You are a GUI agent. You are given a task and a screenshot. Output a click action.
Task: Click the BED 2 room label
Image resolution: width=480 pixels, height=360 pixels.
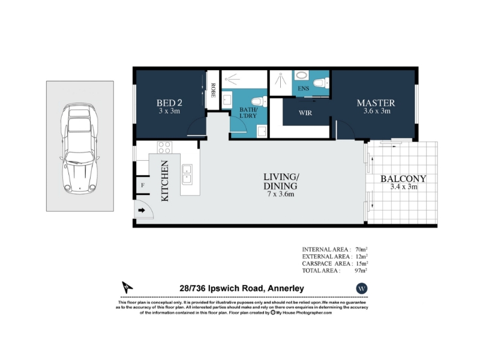pyautogui.click(x=170, y=103)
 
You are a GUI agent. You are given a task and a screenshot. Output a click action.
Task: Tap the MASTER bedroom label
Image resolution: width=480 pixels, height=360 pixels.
pyautogui.click(x=376, y=103)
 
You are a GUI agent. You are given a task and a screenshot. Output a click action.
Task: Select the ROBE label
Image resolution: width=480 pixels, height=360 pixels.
pyautogui.click(x=213, y=91)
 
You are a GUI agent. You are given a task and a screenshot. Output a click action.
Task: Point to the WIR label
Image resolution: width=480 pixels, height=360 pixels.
pyautogui.click(x=305, y=113)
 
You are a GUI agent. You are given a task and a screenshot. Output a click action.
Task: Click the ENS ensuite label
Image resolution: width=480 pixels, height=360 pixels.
pyautogui.click(x=304, y=88)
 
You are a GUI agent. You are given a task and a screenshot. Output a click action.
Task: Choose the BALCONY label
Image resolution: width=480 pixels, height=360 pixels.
pyautogui.click(x=403, y=178)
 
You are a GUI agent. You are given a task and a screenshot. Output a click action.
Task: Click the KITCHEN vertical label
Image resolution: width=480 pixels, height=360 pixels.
pyautogui.click(x=164, y=181)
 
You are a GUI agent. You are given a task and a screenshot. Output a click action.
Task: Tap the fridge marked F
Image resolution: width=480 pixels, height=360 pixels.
pyautogui.click(x=143, y=185)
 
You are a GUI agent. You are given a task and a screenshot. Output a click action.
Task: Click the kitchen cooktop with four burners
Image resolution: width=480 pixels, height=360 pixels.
pyautogui.click(x=164, y=147)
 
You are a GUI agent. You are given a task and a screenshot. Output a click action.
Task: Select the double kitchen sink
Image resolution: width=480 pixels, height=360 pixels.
pyautogui.click(x=187, y=174)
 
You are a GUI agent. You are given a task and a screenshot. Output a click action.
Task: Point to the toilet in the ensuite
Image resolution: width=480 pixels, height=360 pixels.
pyautogui.click(x=321, y=83)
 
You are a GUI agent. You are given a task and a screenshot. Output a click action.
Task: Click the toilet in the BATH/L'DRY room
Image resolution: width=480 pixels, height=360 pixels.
pyautogui.click(x=259, y=101)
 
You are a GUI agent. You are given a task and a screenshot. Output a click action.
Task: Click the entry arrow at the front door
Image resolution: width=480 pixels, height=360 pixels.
pyautogui.click(x=142, y=211)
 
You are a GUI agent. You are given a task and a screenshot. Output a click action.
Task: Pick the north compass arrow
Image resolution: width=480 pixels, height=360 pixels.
pyautogui.click(x=127, y=287)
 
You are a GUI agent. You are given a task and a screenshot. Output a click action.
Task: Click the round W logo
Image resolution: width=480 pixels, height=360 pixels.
pyautogui.click(x=362, y=289)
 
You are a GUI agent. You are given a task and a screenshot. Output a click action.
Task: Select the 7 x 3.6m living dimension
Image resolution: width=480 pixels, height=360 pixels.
pyautogui.click(x=281, y=194)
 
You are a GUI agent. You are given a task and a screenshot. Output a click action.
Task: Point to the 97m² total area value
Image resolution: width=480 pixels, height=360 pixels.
pyautogui.click(x=361, y=271)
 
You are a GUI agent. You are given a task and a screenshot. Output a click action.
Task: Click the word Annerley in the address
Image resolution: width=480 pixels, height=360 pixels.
pyautogui.click(x=286, y=289)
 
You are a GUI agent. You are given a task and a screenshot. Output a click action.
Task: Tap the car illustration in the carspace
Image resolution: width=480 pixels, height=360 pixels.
pyautogui.click(x=80, y=148)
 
